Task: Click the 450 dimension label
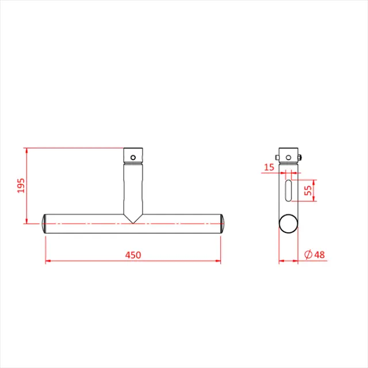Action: click(133, 255)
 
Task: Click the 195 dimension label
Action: click(21, 186)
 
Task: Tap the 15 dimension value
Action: click(269, 167)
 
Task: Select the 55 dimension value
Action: click(308, 191)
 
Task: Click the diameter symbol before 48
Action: click(307, 254)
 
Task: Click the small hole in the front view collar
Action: click(133, 156)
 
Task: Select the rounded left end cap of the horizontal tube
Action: click(45, 224)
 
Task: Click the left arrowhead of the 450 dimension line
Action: click(48, 262)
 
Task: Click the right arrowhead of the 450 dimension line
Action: click(218, 262)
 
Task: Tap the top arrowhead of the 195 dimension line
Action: click(26, 151)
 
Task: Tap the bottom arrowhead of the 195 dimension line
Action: click(26, 221)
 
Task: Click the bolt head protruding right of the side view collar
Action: click(301, 156)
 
